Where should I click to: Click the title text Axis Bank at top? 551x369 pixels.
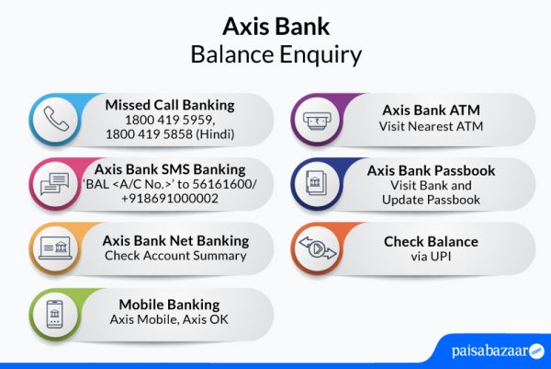(275, 24)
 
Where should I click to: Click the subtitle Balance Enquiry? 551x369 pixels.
(275, 54)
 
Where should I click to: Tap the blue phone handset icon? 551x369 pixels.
(57, 119)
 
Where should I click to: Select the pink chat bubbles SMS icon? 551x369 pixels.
(57, 184)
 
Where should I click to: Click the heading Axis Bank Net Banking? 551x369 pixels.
(175, 240)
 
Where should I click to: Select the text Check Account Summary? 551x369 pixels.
(175, 255)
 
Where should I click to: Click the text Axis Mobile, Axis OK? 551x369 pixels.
(169, 320)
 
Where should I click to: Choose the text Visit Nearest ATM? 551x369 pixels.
(430, 126)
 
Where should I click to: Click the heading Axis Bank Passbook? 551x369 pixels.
(431, 170)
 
